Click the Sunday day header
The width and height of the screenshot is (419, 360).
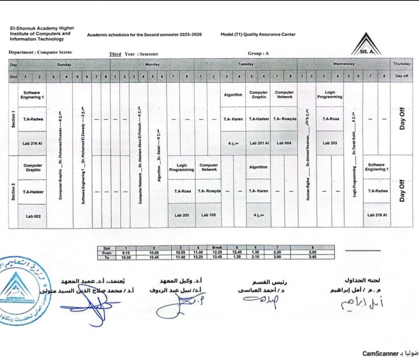pos(64,64)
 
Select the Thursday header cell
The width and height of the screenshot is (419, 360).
pos(401,64)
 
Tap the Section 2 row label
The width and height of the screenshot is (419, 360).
pos(13,191)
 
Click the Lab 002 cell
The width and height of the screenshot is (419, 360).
pos(32,216)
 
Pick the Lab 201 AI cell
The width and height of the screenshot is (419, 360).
pos(259,143)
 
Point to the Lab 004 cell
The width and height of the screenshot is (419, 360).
pos(284,143)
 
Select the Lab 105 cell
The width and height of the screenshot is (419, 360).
pos(208,215)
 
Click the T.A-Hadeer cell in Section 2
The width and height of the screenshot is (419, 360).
pos(32,192)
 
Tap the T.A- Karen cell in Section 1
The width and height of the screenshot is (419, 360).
pos(233,119)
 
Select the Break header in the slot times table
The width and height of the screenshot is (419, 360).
pos(217,247)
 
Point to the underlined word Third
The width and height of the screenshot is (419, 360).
pos(115,54)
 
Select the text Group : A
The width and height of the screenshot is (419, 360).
pos(258,53)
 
